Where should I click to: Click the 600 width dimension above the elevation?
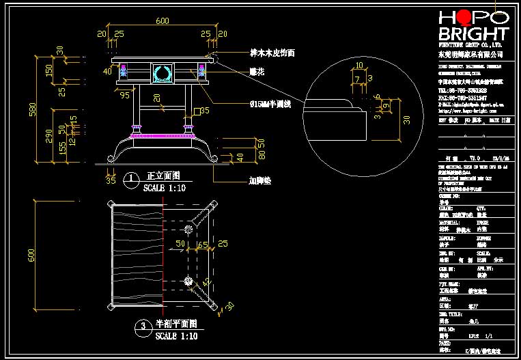(162, 21)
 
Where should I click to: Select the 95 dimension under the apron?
(125, 95)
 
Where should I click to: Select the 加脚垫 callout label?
(259, 182)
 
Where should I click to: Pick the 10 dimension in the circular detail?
(359, 66)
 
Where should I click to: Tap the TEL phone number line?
(462, 89)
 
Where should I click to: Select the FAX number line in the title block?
(462, 98)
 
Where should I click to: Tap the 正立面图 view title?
(163, 176)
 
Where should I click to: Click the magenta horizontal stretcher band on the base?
(161, 136)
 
